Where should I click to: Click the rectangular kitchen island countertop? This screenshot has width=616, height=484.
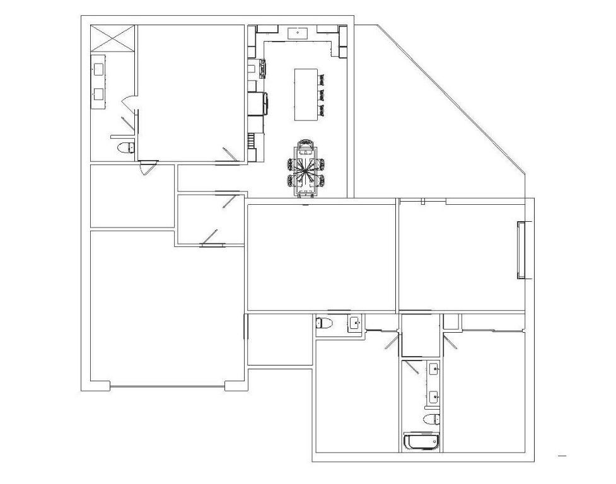(305, 94)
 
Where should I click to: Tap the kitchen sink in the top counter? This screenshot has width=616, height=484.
(298, 32)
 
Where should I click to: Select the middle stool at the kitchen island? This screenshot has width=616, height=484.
(322, 95)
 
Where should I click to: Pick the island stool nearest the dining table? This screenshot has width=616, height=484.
(322, 110)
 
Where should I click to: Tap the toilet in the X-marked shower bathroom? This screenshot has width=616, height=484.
(126, 148)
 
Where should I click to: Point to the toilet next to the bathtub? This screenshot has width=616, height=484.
(432, 419)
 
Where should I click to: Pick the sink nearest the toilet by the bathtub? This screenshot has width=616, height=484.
(433, 397)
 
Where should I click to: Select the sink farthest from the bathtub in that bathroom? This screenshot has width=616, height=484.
(433, 369)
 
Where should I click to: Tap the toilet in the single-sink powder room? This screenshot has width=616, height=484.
(324, 324)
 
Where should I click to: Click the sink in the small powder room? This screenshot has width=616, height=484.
(354, 323)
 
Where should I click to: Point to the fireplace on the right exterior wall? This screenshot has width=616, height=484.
(521, 250)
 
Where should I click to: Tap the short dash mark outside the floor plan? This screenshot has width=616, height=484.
(562, 455)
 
